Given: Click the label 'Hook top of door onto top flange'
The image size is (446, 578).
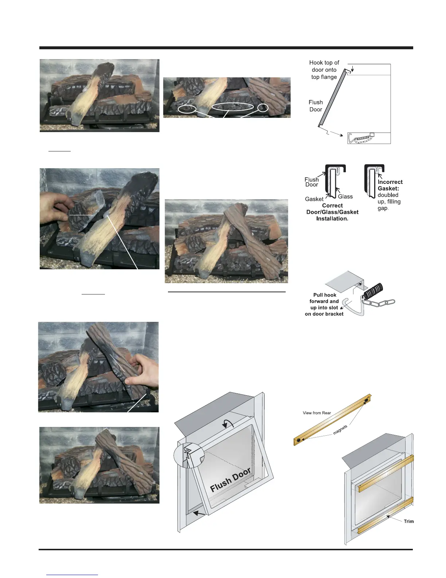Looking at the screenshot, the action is pos(324,70).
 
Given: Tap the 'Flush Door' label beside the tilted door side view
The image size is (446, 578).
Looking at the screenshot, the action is pos(316,106).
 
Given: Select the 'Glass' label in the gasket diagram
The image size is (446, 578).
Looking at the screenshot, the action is pos(345,197).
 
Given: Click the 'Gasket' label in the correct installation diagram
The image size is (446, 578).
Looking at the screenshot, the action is pos(314,199).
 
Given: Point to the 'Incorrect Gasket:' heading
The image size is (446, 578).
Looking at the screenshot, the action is pos(390,185).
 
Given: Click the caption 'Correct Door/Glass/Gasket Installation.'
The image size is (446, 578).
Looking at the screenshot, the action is pos(332,212).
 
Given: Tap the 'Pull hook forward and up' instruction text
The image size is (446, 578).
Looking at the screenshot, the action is pos(324,304).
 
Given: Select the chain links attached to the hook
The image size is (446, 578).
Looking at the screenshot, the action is pos(383,303).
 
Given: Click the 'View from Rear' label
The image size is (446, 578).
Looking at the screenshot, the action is pos(317,413).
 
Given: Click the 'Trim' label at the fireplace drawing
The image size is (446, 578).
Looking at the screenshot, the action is pos(408,521).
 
